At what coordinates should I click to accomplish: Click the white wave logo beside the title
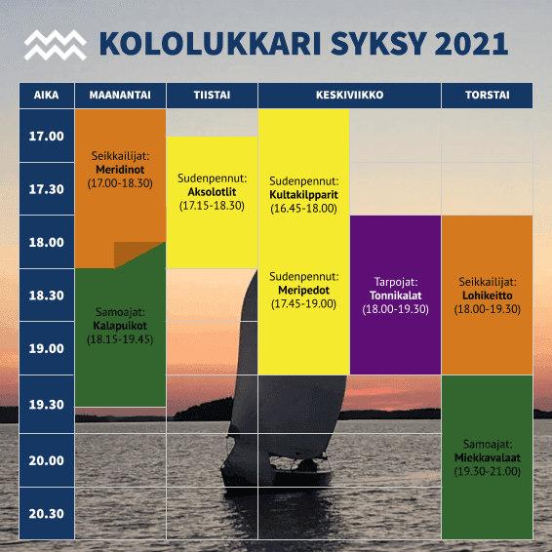point(56,45)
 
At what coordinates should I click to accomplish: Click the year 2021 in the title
point(471,44)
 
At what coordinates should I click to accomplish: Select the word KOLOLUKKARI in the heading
point(210,44)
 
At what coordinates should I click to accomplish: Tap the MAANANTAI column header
point(120,95)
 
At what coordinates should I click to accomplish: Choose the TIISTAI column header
point(212,95)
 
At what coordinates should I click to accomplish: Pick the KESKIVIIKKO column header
point(349,95)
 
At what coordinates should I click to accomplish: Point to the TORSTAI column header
point(488,95)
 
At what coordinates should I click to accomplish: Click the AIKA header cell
point(47,95)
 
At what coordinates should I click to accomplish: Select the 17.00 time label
point(47,136)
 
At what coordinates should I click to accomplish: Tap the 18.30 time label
point(47,295)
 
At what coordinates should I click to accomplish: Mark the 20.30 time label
point(47,514)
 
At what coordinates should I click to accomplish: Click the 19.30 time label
point(47,405)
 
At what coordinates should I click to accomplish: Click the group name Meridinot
point(120,170)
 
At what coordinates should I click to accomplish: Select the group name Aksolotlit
point(212,192)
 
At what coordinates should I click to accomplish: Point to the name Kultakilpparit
point(304,195)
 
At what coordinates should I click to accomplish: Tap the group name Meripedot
point(304,291)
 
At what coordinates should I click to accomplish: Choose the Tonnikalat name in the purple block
point(395,296)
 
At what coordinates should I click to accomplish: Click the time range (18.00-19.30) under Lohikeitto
point(488,309)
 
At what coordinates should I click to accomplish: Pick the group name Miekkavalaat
point(488,457)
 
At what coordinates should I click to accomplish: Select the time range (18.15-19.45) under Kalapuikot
point(120,339)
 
